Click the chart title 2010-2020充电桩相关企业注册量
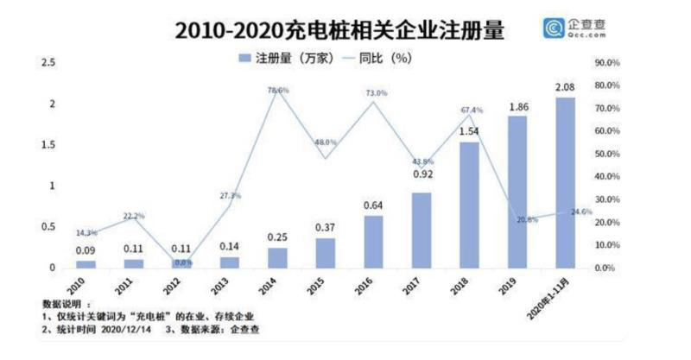(339, 30)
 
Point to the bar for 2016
(373, 242)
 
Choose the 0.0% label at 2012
(181, 262)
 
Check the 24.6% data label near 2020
(580, 211)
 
